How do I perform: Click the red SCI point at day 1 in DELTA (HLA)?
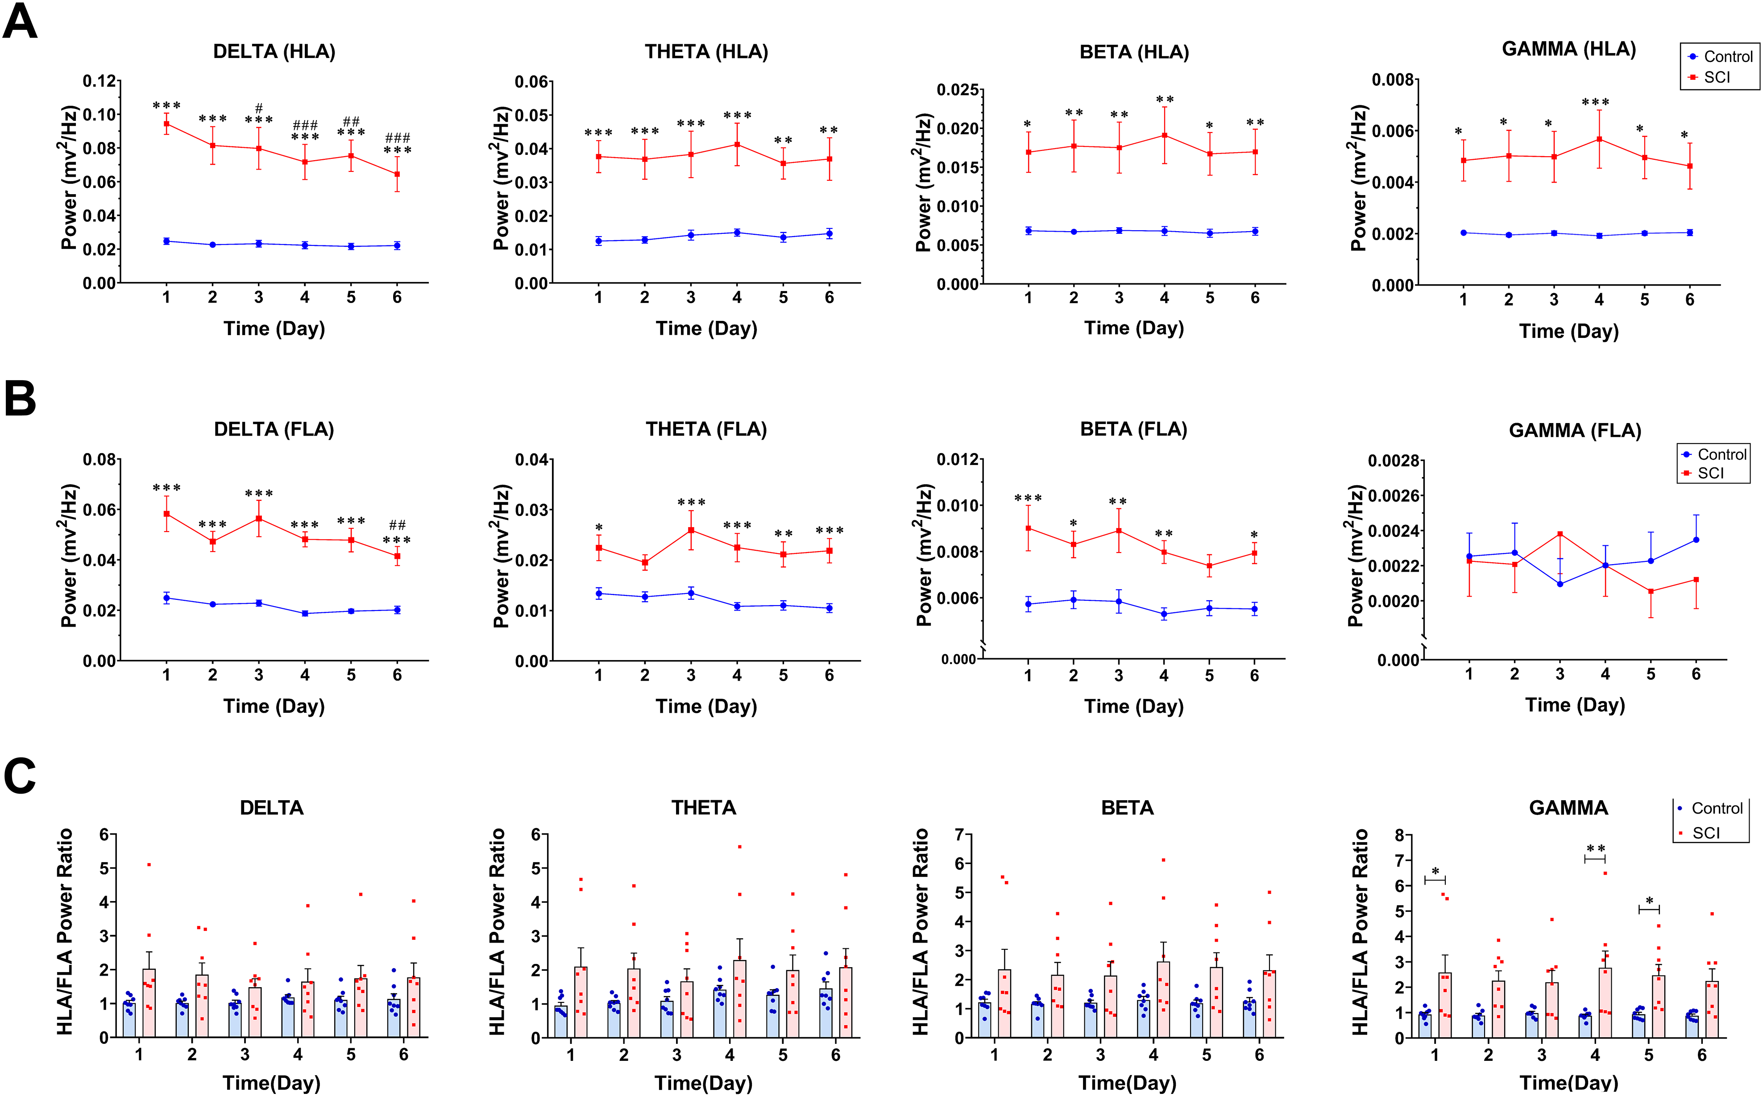tap(167, 124)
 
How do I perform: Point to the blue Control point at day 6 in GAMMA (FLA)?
tap(1696, 540)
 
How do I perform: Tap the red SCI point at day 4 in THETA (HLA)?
tap(737, 145)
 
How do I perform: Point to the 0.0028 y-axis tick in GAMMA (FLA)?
tap(1393, 461)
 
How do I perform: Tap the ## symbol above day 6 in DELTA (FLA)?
tap(398, 524)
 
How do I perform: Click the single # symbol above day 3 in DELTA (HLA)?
tap(259, 108)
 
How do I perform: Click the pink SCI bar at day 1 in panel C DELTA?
tap(149, 1003)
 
